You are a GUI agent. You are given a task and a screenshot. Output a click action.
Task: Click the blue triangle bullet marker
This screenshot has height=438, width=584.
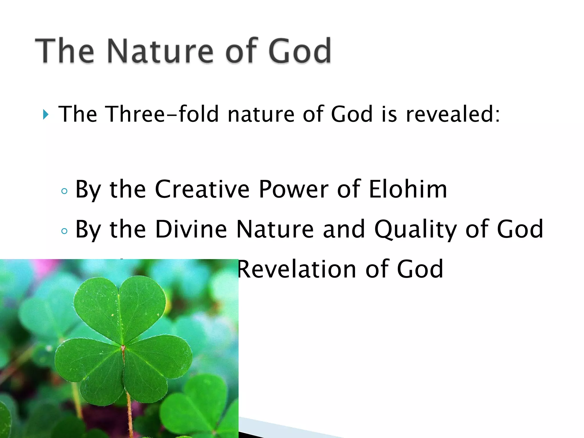click(46, 115)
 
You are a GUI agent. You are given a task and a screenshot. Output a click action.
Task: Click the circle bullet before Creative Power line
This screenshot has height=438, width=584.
click(64, 191)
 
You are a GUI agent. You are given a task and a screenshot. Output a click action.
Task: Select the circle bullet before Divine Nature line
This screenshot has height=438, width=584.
click(64, 231)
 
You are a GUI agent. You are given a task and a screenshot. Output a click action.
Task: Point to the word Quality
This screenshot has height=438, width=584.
click(415, 230)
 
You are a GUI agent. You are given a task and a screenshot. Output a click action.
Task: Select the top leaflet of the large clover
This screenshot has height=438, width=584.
click(120, 308)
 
